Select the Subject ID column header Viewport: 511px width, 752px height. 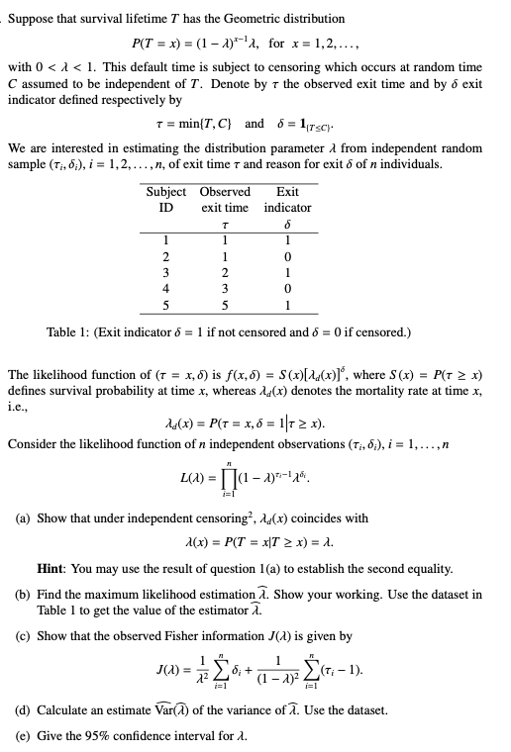tap(166, 199)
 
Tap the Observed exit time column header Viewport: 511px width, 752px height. tap(225, 199)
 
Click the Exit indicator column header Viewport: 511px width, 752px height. tap(288, 199)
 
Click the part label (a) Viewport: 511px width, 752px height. tap(23, 517)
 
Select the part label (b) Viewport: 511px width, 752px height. tap(23, 593)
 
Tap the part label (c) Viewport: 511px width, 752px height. tap(23, 635)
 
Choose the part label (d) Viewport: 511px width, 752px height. tap(23, 711)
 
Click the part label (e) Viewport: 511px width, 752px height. tap(23, 735)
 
